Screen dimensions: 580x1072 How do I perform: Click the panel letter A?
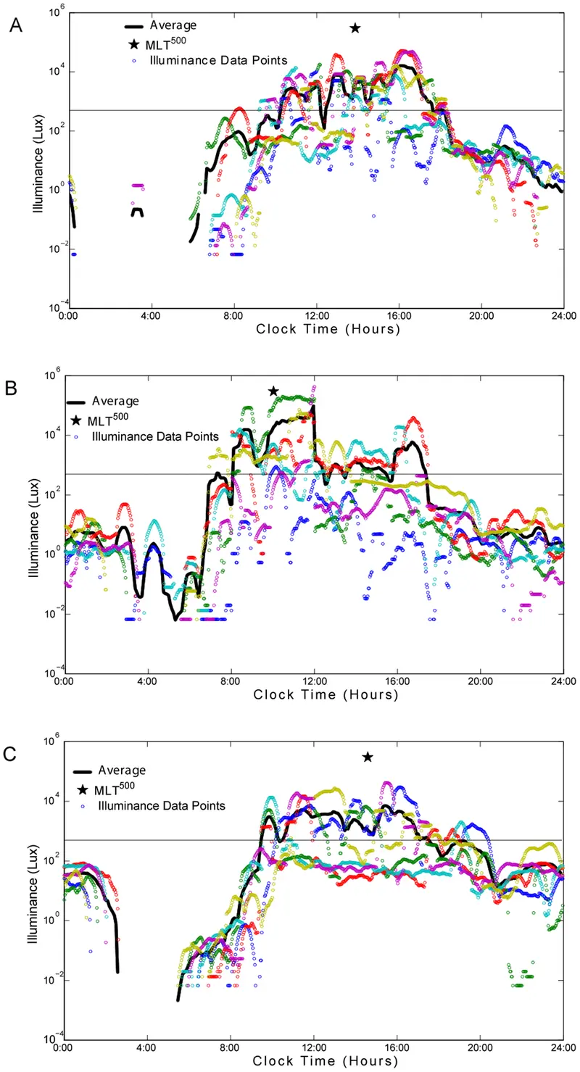click(x=16, y=25)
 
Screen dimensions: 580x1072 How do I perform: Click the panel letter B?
click(x=11, y=388)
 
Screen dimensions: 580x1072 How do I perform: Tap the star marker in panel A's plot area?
click(x=355, y=28)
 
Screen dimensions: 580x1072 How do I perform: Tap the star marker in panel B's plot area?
click(x=273, y=391)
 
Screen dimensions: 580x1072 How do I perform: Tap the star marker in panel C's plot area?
click(x=368, y=757)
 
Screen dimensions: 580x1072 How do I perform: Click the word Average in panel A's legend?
click(x=173, y=25)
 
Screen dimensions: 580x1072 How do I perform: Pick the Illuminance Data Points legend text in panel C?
click(x=162, y=805)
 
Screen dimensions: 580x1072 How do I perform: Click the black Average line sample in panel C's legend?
click(x=83, y=771)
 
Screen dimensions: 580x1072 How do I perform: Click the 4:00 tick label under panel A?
click(x=152, y=316)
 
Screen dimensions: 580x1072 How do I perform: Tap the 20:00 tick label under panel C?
click(x=480, y=1047)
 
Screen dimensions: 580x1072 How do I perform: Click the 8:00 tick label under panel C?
click(x=230, y=1047)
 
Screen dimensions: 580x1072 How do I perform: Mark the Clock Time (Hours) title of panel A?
click(x=328, y=329)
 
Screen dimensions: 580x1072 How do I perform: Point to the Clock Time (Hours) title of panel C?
click(x=326, y=1060)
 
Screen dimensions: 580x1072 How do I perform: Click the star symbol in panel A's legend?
click(x=134, y=44)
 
